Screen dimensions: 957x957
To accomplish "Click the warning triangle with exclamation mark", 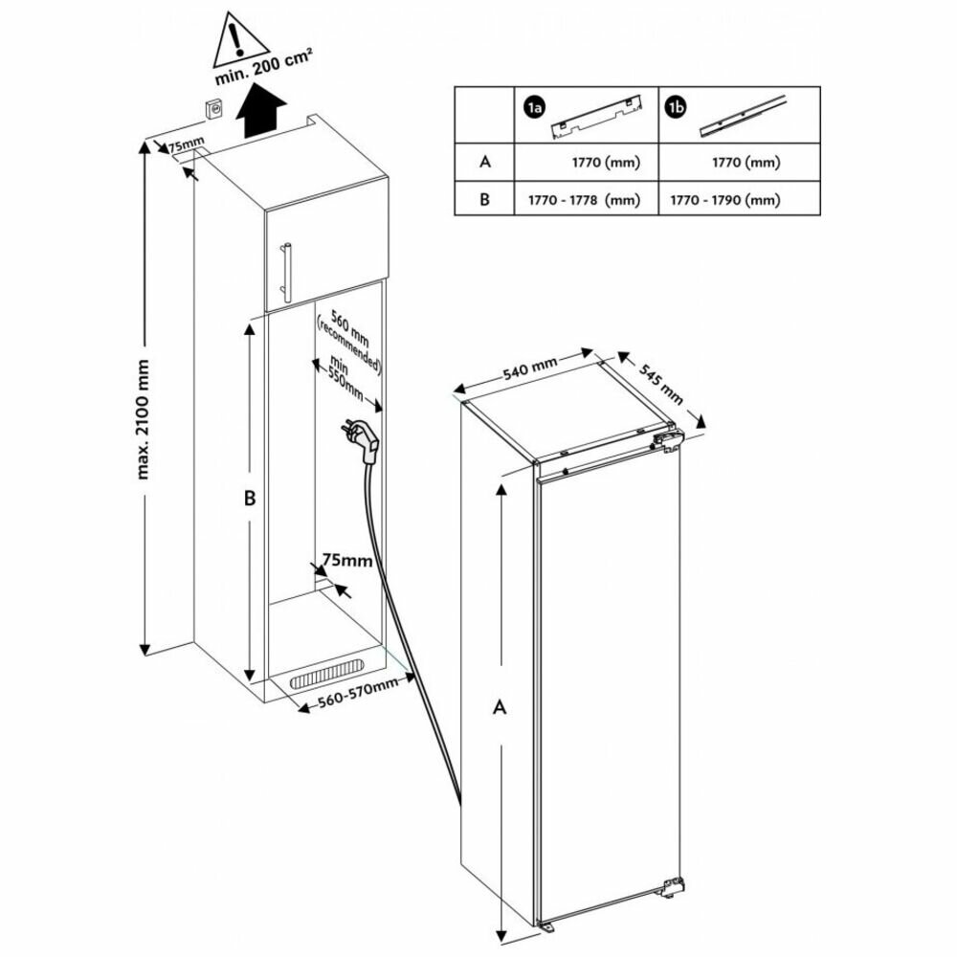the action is click(241, 40).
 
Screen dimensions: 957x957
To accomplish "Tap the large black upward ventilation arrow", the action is click(261, 112).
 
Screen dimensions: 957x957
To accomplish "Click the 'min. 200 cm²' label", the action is click(264, 68).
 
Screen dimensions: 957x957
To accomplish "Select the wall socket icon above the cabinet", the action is click(213, 111).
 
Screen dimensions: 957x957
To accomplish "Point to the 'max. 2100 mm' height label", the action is click(143, 419).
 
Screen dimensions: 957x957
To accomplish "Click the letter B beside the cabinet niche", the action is click(250, 498).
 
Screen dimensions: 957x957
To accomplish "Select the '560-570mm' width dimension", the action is click(358, 693).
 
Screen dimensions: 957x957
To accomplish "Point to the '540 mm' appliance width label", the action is click(530, 368).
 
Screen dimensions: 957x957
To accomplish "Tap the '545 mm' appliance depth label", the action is click(661, 384).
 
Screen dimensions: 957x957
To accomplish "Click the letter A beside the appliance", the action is click(500, 707).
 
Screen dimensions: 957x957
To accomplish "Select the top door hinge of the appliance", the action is click(667, 440).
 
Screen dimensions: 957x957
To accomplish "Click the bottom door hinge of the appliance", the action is click(673, 886).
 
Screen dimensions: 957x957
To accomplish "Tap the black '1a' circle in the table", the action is click(534, 107).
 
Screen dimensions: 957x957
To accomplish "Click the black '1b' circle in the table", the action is click(676, 107).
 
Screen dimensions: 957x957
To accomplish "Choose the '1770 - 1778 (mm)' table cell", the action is click(584, 200).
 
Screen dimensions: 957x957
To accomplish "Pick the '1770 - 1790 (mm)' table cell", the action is click(725, 200).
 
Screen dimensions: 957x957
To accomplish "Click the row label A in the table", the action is click(485, 162).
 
